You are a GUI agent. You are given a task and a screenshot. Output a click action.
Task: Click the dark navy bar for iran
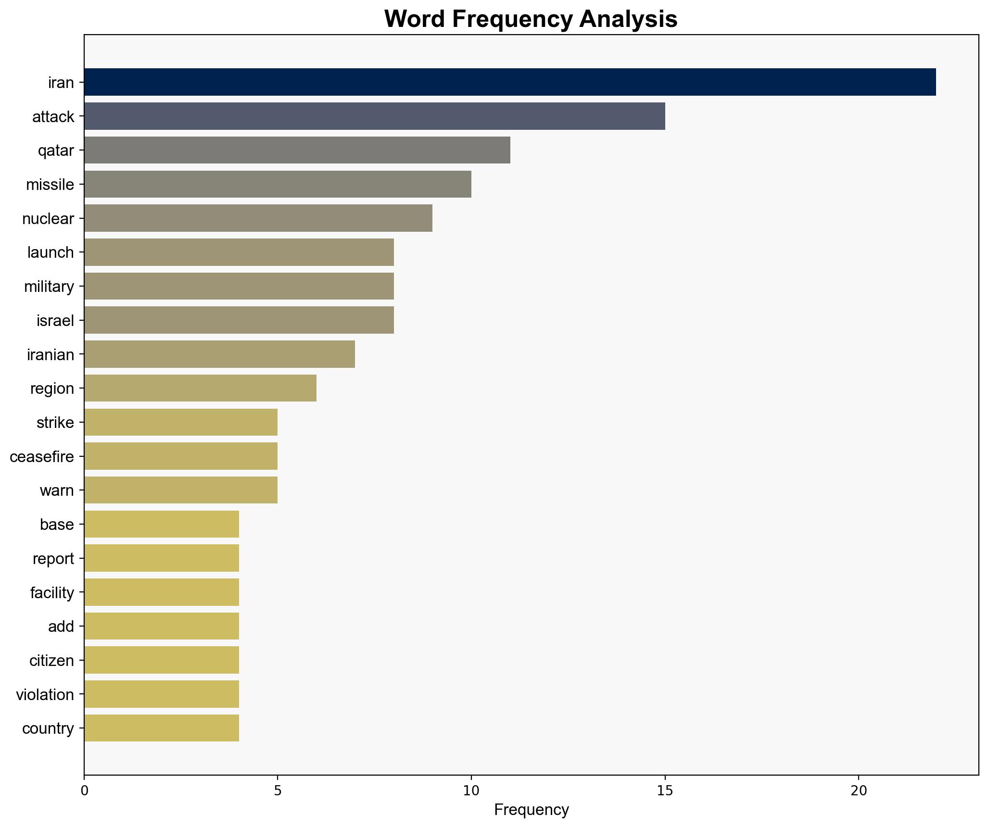point(510,82)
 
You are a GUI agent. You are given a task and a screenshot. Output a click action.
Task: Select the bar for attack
point(374,116)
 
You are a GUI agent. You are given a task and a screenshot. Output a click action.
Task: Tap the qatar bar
point(297,150)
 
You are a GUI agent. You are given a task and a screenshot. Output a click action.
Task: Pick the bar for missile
point(278,184)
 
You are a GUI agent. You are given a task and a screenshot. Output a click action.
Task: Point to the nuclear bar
point(258,218)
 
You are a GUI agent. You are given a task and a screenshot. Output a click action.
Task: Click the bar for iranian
point(219,354)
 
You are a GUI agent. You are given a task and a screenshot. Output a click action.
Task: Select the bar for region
point(200,388)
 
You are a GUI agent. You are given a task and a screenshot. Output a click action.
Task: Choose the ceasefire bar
point(181,456)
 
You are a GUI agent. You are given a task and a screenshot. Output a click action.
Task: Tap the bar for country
point(162,728)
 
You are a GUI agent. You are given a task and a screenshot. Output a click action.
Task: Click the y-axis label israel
point(55,320)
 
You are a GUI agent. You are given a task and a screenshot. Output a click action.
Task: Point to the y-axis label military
point(49,287)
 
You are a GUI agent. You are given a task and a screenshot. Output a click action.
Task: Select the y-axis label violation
point(45,694)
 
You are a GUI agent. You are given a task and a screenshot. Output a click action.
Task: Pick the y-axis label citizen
point(51,660)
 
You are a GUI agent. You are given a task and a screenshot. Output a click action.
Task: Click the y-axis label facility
point(52,592)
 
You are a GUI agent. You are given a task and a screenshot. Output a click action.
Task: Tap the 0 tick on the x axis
point(85,790)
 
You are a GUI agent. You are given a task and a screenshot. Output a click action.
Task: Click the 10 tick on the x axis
point(471,790)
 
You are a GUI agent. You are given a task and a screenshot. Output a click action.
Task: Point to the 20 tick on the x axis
point(858,790)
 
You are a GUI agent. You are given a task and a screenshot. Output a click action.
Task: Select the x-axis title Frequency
point(531,810)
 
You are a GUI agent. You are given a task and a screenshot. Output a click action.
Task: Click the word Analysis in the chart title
point(628,19)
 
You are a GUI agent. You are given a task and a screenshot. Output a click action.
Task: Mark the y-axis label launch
point(51,252)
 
